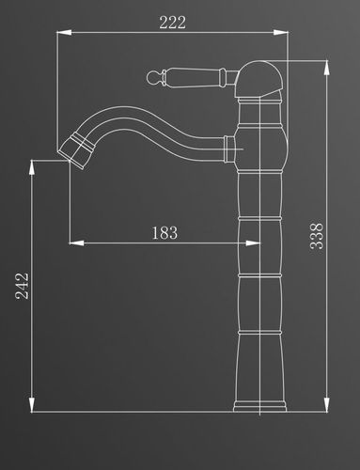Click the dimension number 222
pyautogui.click(x=172, y=22)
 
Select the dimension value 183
pyautogui.click(x=164, y=233)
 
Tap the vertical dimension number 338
pyautogui.click(x=317, y=236)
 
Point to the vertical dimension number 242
pyautogui.click(x=22, y=286)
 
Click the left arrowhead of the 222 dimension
pyautogui.click(x=64, y=32)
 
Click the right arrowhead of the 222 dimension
pyautogui.click(x=281, y=32)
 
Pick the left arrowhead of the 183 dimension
pyautogui.click(x=76, y=243)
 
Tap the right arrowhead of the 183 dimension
pyautogui.click(x=253, y=243)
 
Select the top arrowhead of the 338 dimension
pyautogui.click(x=326, y=68)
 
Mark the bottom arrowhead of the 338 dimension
pyautogui.click(x=326, y=404)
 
